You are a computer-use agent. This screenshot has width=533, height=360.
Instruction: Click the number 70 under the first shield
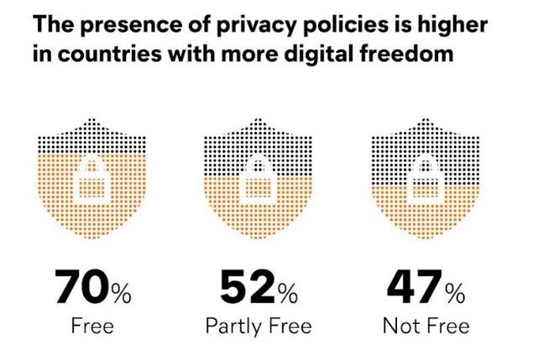82,288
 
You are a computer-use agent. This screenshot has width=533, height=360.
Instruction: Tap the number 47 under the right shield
414,288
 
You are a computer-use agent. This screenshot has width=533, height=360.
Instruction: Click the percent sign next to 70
122,293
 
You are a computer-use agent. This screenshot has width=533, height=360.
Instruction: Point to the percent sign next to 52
287,293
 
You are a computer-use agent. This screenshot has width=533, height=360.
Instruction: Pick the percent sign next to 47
456,293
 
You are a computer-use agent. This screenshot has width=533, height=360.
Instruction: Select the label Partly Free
259,325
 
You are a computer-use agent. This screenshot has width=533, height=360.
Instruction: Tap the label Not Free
426,325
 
